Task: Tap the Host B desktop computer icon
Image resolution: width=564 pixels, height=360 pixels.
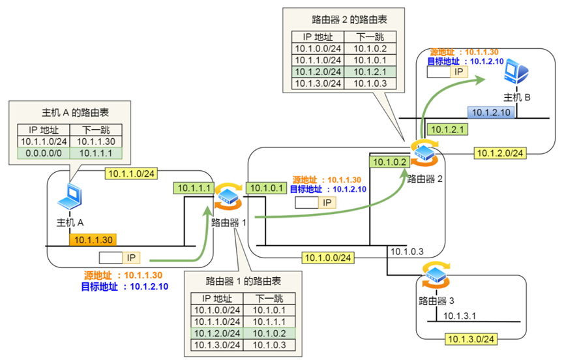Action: (x=518, y=72)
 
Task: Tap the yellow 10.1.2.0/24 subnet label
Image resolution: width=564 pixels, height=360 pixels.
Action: (x=499, y=153)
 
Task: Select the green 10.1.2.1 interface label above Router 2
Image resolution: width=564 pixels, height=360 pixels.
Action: (x=447, y=130)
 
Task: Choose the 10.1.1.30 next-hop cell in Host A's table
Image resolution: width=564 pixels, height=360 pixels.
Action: (x=96, y=141)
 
